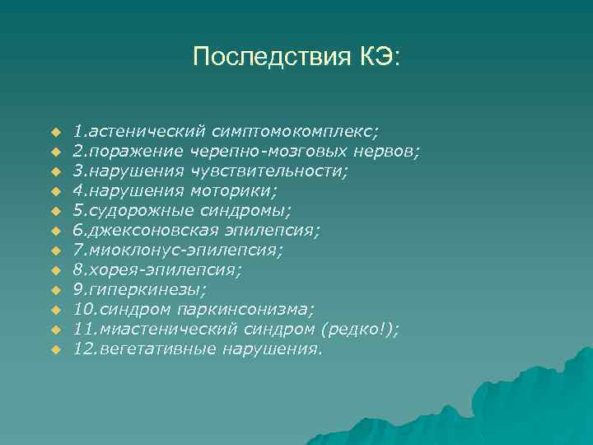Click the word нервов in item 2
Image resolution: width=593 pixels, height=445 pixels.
point(386,151)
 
